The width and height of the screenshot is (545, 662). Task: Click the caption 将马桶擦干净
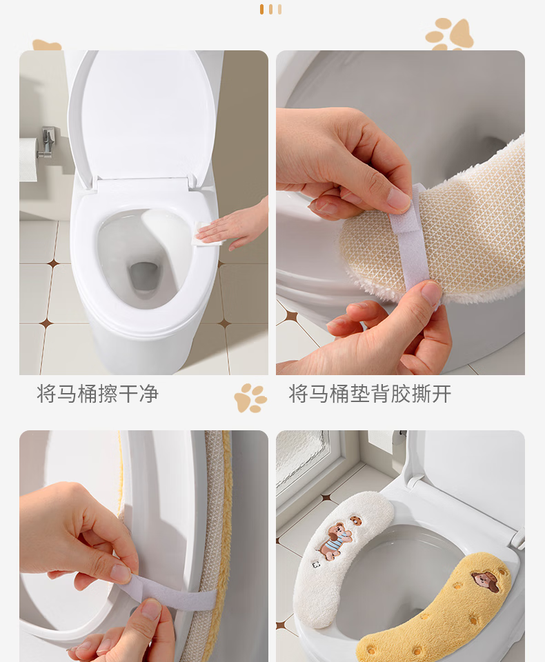(97, 394)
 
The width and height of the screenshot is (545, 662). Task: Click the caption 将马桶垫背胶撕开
(370, 394)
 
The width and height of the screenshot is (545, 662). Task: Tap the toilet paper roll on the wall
(28, 159)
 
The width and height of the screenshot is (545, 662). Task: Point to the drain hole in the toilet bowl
(144, 277)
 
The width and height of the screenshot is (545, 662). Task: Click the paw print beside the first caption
(250, 398)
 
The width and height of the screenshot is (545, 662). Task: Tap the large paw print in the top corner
(450, 34)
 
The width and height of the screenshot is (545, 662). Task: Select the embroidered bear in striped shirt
(335, 541)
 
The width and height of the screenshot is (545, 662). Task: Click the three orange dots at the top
(271, 9)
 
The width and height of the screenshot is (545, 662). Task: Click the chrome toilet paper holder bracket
(48, 143)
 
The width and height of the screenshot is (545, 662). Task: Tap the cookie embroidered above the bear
(356, 521)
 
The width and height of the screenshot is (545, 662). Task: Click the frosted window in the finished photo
(302, 459)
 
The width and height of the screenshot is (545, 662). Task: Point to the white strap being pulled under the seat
(169, 591)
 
